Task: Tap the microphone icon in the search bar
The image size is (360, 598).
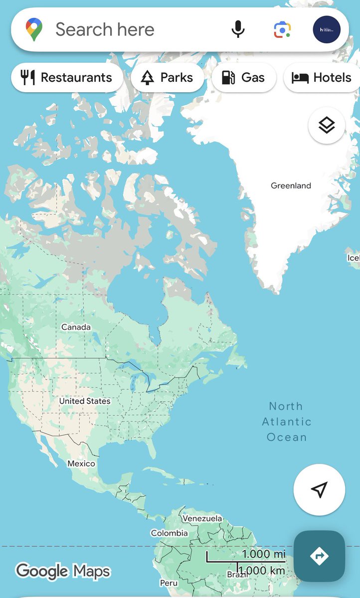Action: coord(238,29)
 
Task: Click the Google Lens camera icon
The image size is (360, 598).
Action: coord(282,29)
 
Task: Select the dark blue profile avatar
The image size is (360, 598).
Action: coord(327,29)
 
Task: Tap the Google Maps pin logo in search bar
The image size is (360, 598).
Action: coord(34,29)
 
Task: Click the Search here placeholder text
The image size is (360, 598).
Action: coord(105,29)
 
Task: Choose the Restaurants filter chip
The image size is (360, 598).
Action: coord(67,78)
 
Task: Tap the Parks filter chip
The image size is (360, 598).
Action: coord(168,78)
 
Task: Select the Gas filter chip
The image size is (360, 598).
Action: coord(243,78)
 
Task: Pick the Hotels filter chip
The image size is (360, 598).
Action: coord(322,78)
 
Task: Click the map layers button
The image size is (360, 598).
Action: coord(327,125)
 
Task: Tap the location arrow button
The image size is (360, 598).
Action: coord(319,489)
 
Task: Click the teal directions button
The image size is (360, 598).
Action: coord(319,556)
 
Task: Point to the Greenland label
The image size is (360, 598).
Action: coord(291,186)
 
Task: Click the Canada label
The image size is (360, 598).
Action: coord(76,327)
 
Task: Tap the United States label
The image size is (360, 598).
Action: coord(85,401)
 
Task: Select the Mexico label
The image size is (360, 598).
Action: coord(81,464)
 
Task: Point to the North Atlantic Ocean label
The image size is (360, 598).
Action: coord(287,422)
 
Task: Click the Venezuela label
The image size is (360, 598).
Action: coord(202,519)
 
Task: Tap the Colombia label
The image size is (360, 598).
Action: coord(170,533)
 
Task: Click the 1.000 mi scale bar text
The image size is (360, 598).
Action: coord(264,554)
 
